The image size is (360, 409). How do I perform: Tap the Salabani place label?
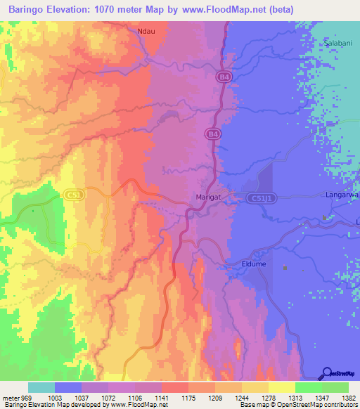click(337, 44)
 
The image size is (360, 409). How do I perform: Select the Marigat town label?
click(208, 197)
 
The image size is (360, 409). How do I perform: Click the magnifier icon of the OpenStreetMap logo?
click(327, 373)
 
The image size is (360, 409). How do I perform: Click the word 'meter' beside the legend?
click(10, 398)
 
